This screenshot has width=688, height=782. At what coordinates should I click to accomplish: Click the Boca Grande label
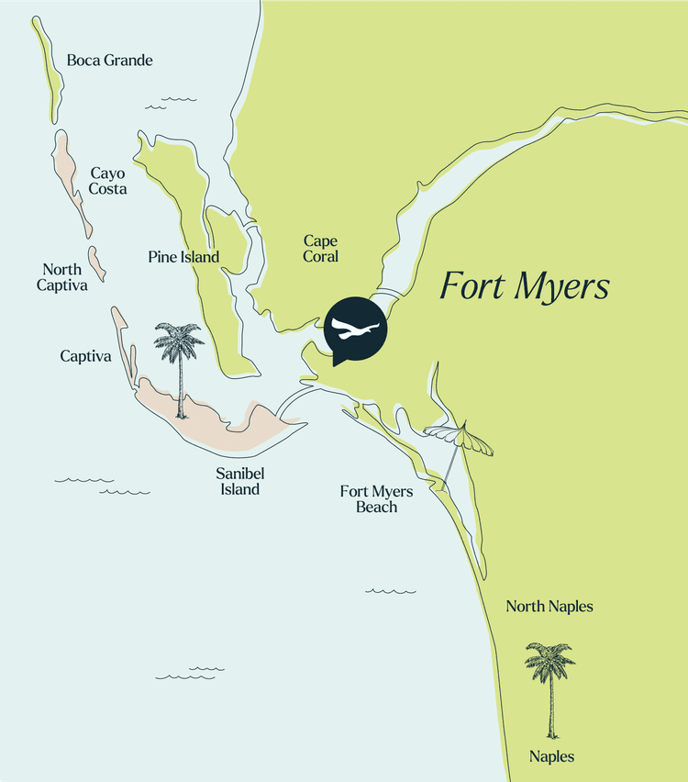coord(109,61)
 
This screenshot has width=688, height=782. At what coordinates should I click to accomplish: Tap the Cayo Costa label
coord(107,181)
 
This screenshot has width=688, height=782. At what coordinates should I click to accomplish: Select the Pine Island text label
coord(183,257)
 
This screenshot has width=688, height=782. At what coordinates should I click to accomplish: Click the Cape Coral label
coord(321,249)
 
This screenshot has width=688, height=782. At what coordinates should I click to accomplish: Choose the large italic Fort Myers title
coord(524,285)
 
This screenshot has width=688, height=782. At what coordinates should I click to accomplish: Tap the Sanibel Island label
coord(238,482)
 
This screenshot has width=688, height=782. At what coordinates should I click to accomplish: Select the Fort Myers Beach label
coord(376,498)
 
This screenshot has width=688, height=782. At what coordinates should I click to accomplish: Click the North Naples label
coord(549,607)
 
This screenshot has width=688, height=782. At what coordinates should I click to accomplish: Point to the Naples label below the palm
coord(551,757)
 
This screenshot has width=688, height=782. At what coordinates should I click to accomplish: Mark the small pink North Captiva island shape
coord(98,263)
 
